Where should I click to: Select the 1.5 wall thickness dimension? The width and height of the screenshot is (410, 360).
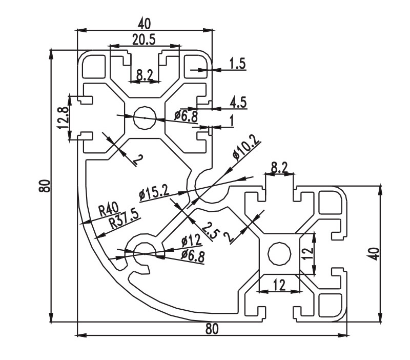(238, 64)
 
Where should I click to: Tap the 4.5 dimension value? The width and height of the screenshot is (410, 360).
(238, 102)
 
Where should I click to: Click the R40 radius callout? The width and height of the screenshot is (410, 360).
(108, 209)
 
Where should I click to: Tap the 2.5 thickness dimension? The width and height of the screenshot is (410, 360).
(209, 229)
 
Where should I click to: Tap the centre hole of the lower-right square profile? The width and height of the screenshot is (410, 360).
(279, 253)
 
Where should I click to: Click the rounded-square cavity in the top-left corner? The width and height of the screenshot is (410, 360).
(93, 66)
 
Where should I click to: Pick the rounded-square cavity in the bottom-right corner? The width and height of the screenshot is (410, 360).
(330, 306)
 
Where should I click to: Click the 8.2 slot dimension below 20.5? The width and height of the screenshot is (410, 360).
(144, 75)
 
